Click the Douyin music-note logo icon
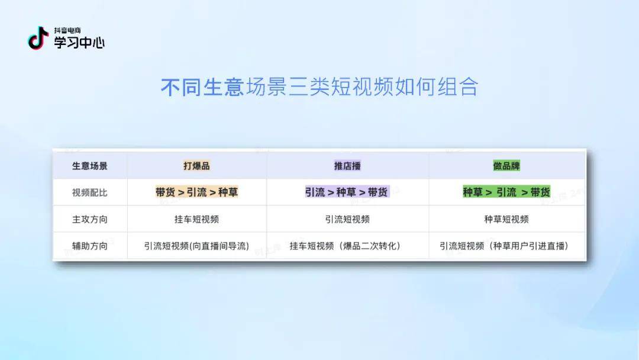click(38, 38)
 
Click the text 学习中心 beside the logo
click(79, 43)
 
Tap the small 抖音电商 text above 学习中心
click(67, 31)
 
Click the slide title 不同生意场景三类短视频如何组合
click(319, 87)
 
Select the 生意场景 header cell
click(90, 166)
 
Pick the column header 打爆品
click(196, 166)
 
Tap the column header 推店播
click(347, 166)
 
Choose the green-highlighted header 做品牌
click(506, 166)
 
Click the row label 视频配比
click(90, 192)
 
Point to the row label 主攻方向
click(90, 219)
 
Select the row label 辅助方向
click(90, 246)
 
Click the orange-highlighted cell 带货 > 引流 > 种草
click(196, 192)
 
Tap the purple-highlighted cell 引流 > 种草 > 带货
click(347, 192)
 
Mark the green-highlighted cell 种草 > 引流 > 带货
click(506, 192)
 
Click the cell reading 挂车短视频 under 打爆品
click(196, 219)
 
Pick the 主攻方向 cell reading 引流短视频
click(347, 219)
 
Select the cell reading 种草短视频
click(506, 219)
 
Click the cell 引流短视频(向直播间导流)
click(196, 246)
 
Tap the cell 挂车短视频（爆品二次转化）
click(345, 246)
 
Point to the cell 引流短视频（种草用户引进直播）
click(504, 246)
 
